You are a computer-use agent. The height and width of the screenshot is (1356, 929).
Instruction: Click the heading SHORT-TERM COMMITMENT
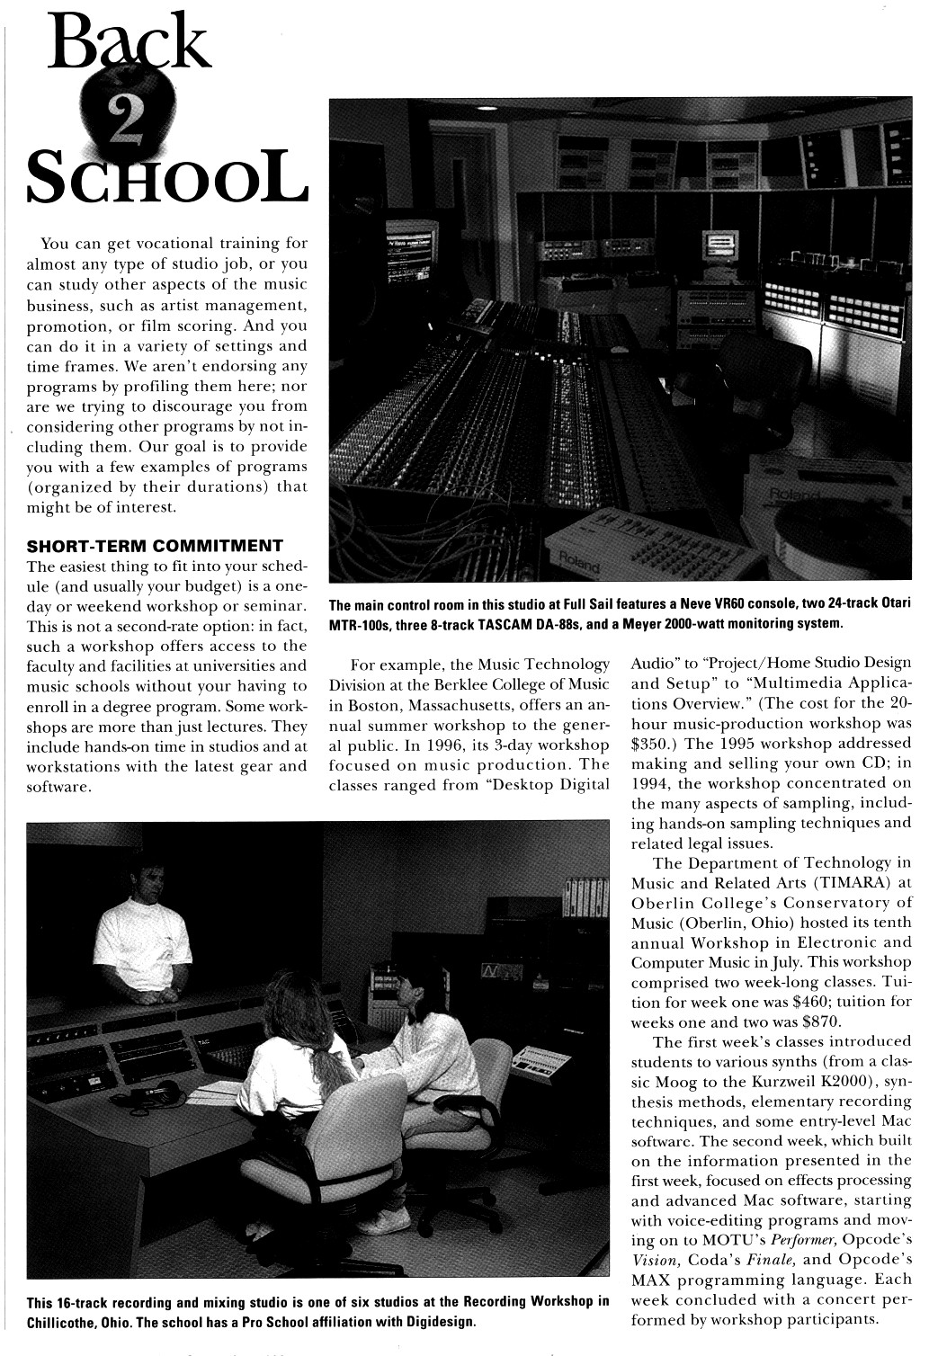(x=156, y=545)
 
